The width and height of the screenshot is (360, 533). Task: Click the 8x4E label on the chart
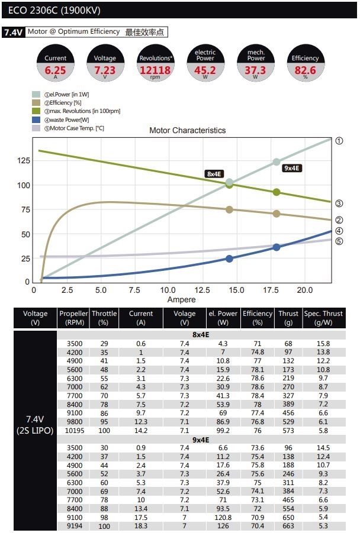point(214,173)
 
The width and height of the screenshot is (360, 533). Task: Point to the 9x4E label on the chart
point(292,168)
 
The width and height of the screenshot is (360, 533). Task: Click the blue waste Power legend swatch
point(36,119)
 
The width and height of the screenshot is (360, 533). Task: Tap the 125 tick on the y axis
point(22,161)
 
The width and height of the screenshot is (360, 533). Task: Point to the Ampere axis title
point(181,300)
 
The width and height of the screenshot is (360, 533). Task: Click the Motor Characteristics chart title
point(187,130)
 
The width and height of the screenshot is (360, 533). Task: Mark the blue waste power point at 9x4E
point(276,247)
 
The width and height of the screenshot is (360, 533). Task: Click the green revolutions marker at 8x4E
point(229,185)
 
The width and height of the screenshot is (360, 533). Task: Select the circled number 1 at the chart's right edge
point(339,141)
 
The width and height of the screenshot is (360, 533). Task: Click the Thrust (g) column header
point(288,318)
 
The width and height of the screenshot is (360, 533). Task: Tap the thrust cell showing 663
point(288,526)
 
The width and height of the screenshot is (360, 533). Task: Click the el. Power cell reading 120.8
point(223,516)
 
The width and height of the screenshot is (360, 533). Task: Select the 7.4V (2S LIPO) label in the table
point(36,424)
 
